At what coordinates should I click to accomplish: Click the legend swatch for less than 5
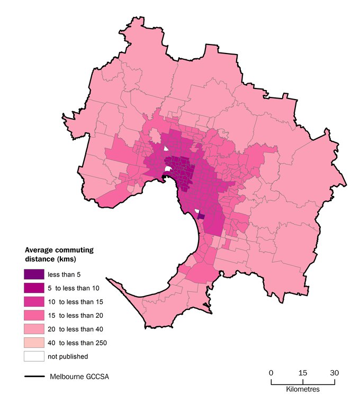[33, 275]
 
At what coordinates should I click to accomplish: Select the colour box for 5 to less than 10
[33, 288]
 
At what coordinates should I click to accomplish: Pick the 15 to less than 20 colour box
[33, 315]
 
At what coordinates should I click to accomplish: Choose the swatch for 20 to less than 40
[33, 329]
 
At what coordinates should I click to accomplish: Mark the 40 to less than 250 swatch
[33, 343]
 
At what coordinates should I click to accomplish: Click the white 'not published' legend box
[33, 356]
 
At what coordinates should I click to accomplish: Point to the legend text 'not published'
[68, 356]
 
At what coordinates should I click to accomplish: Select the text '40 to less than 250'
[77, 343]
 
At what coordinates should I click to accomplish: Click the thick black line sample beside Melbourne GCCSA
[33, 377]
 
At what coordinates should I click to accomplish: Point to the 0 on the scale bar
[271, 373]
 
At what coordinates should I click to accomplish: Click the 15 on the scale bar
[302, 373]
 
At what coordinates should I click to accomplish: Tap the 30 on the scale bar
[334, 373]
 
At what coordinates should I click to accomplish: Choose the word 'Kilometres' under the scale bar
[302, 389]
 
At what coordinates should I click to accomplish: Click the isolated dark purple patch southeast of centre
[201, 217]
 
